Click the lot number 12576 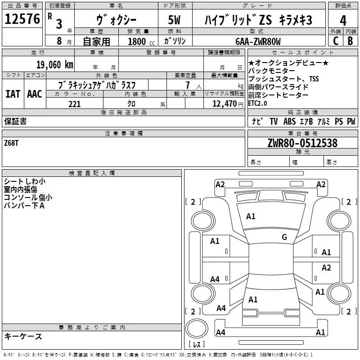pyautogui.click(x=22, y=19)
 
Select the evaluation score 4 pyautogui.click(x=343, y=20)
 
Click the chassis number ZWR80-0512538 pyautogui.click(x=302, y=143)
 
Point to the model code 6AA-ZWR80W pyautogui.click(x=258, y=41)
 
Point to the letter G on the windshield pyautogui.click(x=284, y=237)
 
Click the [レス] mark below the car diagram pyautogui.click(x=197, y=344)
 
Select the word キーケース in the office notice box pyautogui.click(x=23, y=337)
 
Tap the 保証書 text pyautogui.click(x=15, y=121)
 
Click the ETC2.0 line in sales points pyautogui.click(x=257, y=103)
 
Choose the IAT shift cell pyautogui.click(x=13, y=94)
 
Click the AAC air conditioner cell pyautogui.click(x=34, y=94)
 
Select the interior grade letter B pyautogui.click(x=350, y=41)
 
